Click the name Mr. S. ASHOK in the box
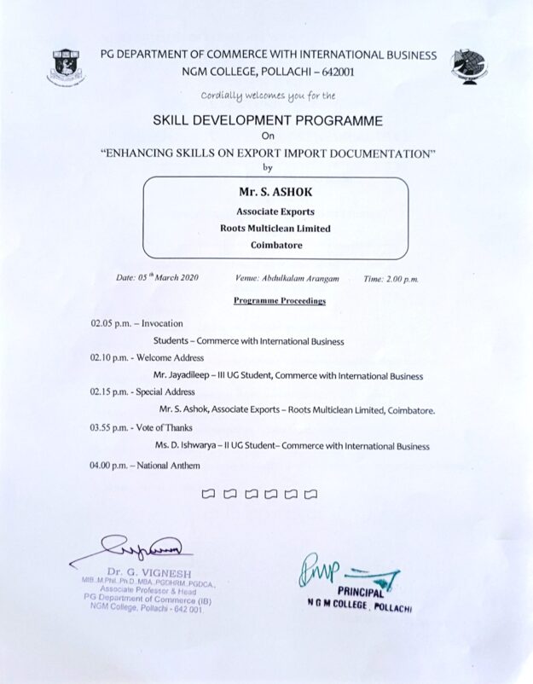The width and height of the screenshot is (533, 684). (x=269, y=193)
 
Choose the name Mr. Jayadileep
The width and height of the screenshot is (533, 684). (x=190, y=374)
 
